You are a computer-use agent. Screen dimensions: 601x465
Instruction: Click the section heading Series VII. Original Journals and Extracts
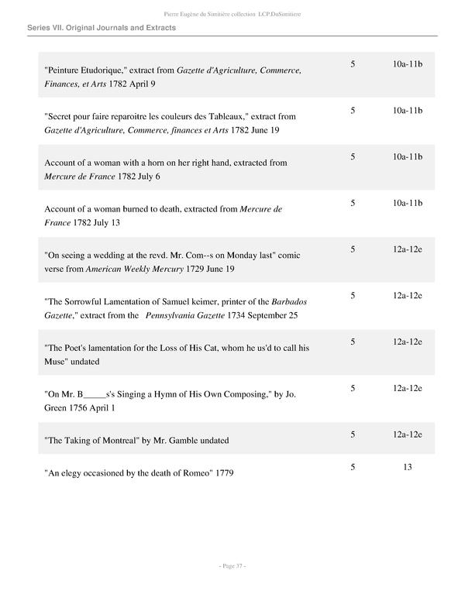(x=101, y=28)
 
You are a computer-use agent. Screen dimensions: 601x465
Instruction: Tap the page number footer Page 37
(x=232, y=567)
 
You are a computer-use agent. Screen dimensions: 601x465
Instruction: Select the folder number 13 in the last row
(x=407, y=467)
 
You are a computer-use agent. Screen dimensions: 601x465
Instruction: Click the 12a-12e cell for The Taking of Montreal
(x=407, y=434)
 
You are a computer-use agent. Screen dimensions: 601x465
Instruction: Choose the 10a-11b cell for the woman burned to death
(x=407, y=203)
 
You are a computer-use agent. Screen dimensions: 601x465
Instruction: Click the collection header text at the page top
(x=232, y=13)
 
